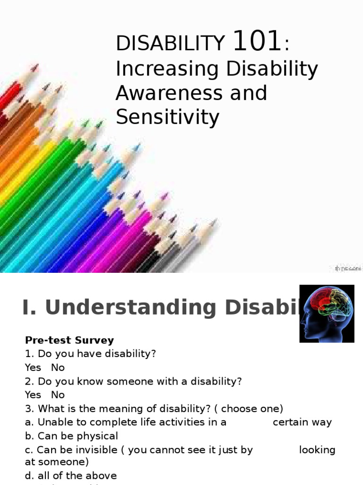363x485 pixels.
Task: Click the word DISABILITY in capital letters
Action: [x=170, y=44]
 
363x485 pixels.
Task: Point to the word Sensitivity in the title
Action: [x=167, y=117]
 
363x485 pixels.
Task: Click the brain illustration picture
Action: [x=327, y=313]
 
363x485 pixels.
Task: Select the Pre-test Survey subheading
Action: [x=69, y=340]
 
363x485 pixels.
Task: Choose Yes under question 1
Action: [x=33, y=368]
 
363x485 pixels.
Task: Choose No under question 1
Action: [x=58, y=368]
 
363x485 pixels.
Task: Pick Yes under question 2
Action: [x=33, y=395]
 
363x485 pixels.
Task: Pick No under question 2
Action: [x=58, y=395]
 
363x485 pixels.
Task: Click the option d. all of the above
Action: [x=71, y=476]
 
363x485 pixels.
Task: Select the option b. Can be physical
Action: [x=71, y=436]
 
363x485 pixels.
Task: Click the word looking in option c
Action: [x=317, y=450]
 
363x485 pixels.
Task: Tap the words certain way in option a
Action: [x=302, y=422]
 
